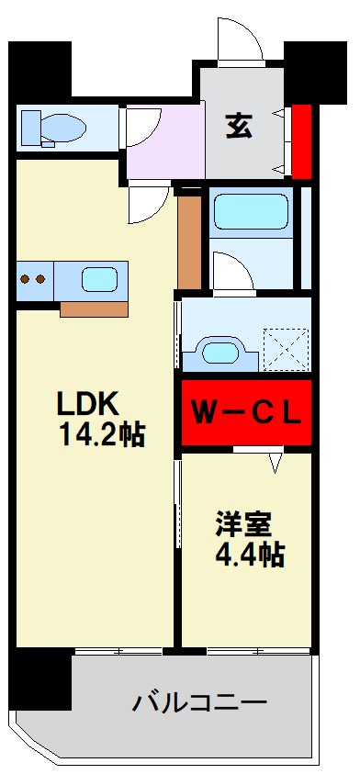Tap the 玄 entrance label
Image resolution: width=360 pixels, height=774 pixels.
coord(242,122)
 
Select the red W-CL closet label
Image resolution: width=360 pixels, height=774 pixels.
coord(245,414)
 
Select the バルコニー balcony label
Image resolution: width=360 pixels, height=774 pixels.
coord(199,704)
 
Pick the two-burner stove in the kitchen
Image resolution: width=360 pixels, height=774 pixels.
coord(34,279)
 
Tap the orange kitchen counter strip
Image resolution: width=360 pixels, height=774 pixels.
coord(94,308)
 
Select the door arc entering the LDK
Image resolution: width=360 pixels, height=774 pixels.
coord(147,203)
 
